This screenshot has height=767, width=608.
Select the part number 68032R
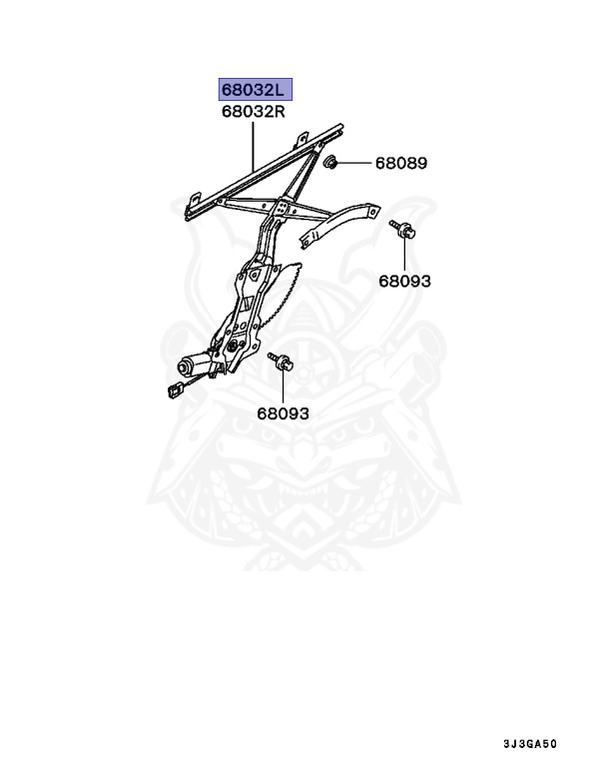pyautogui.click(x=254, y=113)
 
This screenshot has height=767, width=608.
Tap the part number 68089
pyautogui.click(x=401, y=162)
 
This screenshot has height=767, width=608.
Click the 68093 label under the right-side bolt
pyautogui.click(x=404, y=281)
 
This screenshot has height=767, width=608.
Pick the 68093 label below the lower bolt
pyautogui.click(x=283, y=412)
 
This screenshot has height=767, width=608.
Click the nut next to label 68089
pyautogui.click(x=332, y=162)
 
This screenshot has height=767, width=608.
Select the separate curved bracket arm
pyautogui.click(x=339, y=225)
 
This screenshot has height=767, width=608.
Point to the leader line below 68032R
pyautogui.click(x=254, y=145)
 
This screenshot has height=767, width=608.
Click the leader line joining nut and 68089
pyautogui.click(x=355, y=162)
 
